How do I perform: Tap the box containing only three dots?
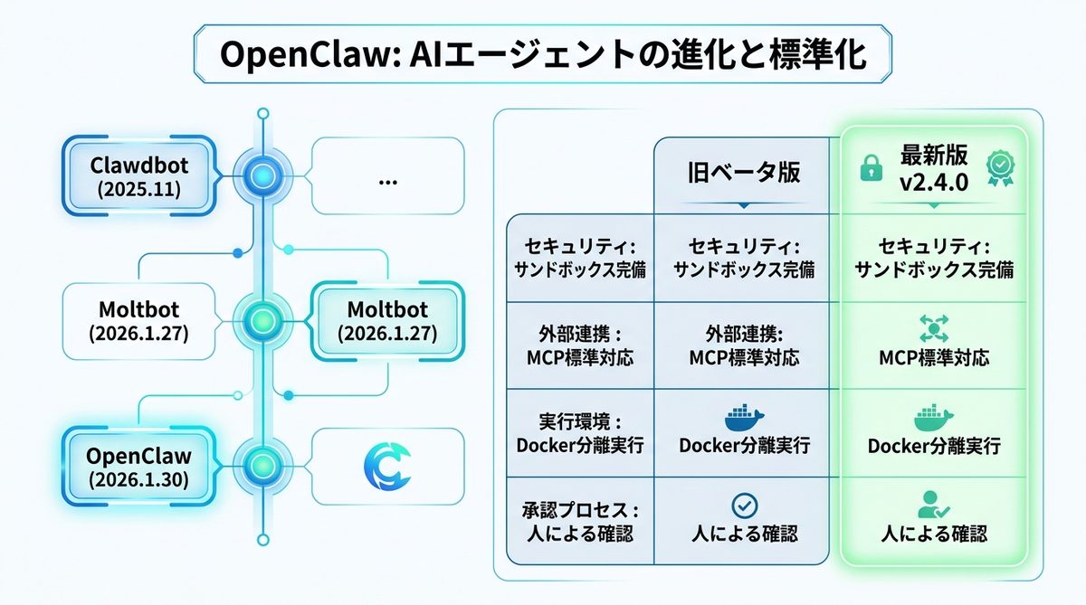(x=387, y=179)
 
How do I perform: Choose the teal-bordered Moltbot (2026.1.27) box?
(x=386, y=321)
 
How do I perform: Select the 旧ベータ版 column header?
(x=745, y=172)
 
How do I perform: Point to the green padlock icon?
(x=872, y=167)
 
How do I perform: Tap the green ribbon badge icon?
(x=999, y=167)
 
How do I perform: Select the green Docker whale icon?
(x=934, y=417)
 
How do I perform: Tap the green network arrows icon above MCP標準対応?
(x=933, y=327)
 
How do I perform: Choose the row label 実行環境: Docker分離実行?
(x=577, y=433)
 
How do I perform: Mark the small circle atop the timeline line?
(x=263, y=114)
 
